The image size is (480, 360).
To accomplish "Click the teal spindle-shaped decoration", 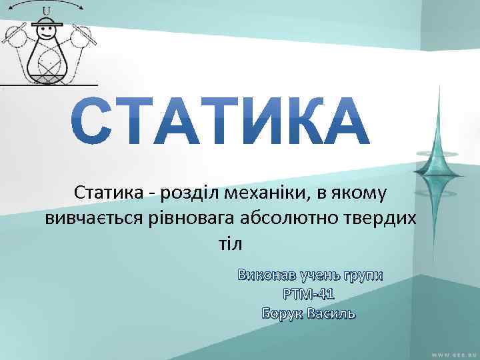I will tap(439, 153).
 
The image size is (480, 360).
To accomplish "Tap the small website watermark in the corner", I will tap(453, 353).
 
